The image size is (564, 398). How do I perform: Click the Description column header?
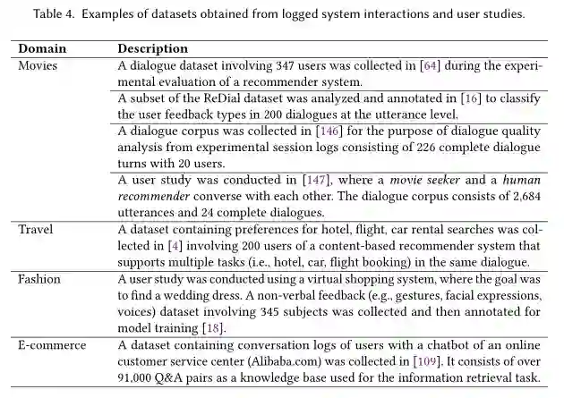click(153, 48)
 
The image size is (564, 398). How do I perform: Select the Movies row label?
click(38, 65)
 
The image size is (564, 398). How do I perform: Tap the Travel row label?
click(37, 230)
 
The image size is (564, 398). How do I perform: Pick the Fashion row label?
click(41, 279)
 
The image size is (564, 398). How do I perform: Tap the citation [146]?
click(332, 131)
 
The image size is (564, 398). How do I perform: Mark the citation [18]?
click(212, 328)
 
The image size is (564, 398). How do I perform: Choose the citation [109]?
click(427, 361)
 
